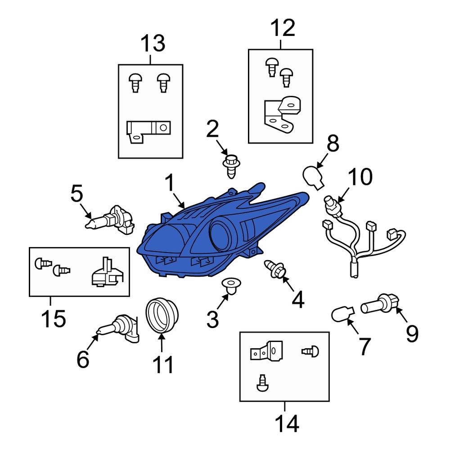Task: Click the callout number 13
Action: pyautogui.click(x=153, y=44)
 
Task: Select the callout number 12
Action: pyautogui.click(x=283, y=28)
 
